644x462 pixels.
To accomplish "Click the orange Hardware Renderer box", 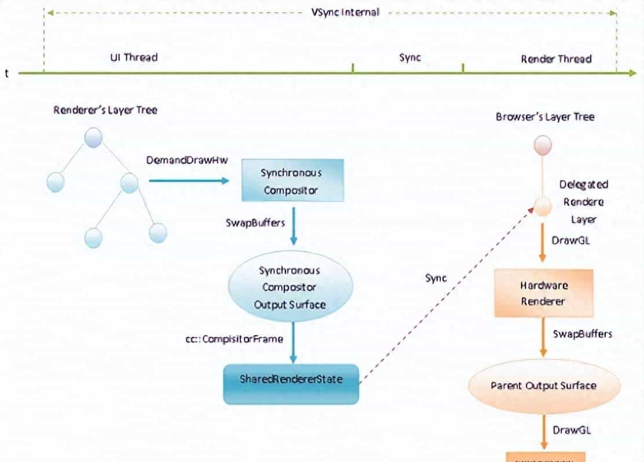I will pos(543,294).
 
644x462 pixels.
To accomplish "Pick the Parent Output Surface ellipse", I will pos(543,386).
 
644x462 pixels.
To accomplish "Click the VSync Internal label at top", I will pos(345,12).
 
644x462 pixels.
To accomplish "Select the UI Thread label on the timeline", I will pos(134,57).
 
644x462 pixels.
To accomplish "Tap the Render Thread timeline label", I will pos(556,59).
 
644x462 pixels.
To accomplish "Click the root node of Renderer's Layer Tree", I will pos(93,138).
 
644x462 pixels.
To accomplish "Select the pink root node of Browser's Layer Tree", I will pos(543,145).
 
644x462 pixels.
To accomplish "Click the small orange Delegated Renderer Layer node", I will pos(543,206).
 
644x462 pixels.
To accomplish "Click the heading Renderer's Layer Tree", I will pos(105,110).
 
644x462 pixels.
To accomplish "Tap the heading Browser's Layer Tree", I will pos(544,117).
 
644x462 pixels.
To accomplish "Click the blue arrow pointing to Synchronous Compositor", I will pos(188,181).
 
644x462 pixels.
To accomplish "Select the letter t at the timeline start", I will pos(6,74).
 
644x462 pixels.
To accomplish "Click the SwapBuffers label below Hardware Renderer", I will pos(582,334).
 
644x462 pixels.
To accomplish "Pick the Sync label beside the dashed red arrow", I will pos(436,278).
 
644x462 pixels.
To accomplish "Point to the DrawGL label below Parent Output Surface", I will pos(571,430).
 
